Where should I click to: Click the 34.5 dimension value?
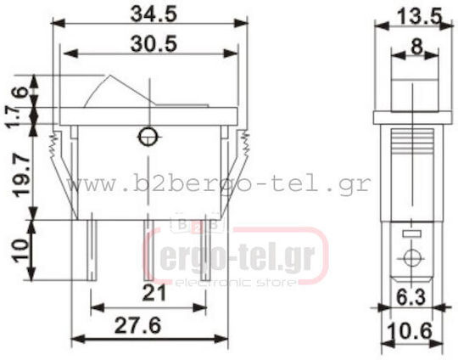point(154,14)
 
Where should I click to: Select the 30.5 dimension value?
point(154,44)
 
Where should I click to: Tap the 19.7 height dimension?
point(21,177)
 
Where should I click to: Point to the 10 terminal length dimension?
point(20,250)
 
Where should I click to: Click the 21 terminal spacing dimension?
point(154,293)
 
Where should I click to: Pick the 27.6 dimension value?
point(137,325)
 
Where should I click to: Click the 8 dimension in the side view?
point(416,47)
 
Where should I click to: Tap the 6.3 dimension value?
point(411,297)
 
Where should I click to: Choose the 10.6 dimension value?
point(410,331)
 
